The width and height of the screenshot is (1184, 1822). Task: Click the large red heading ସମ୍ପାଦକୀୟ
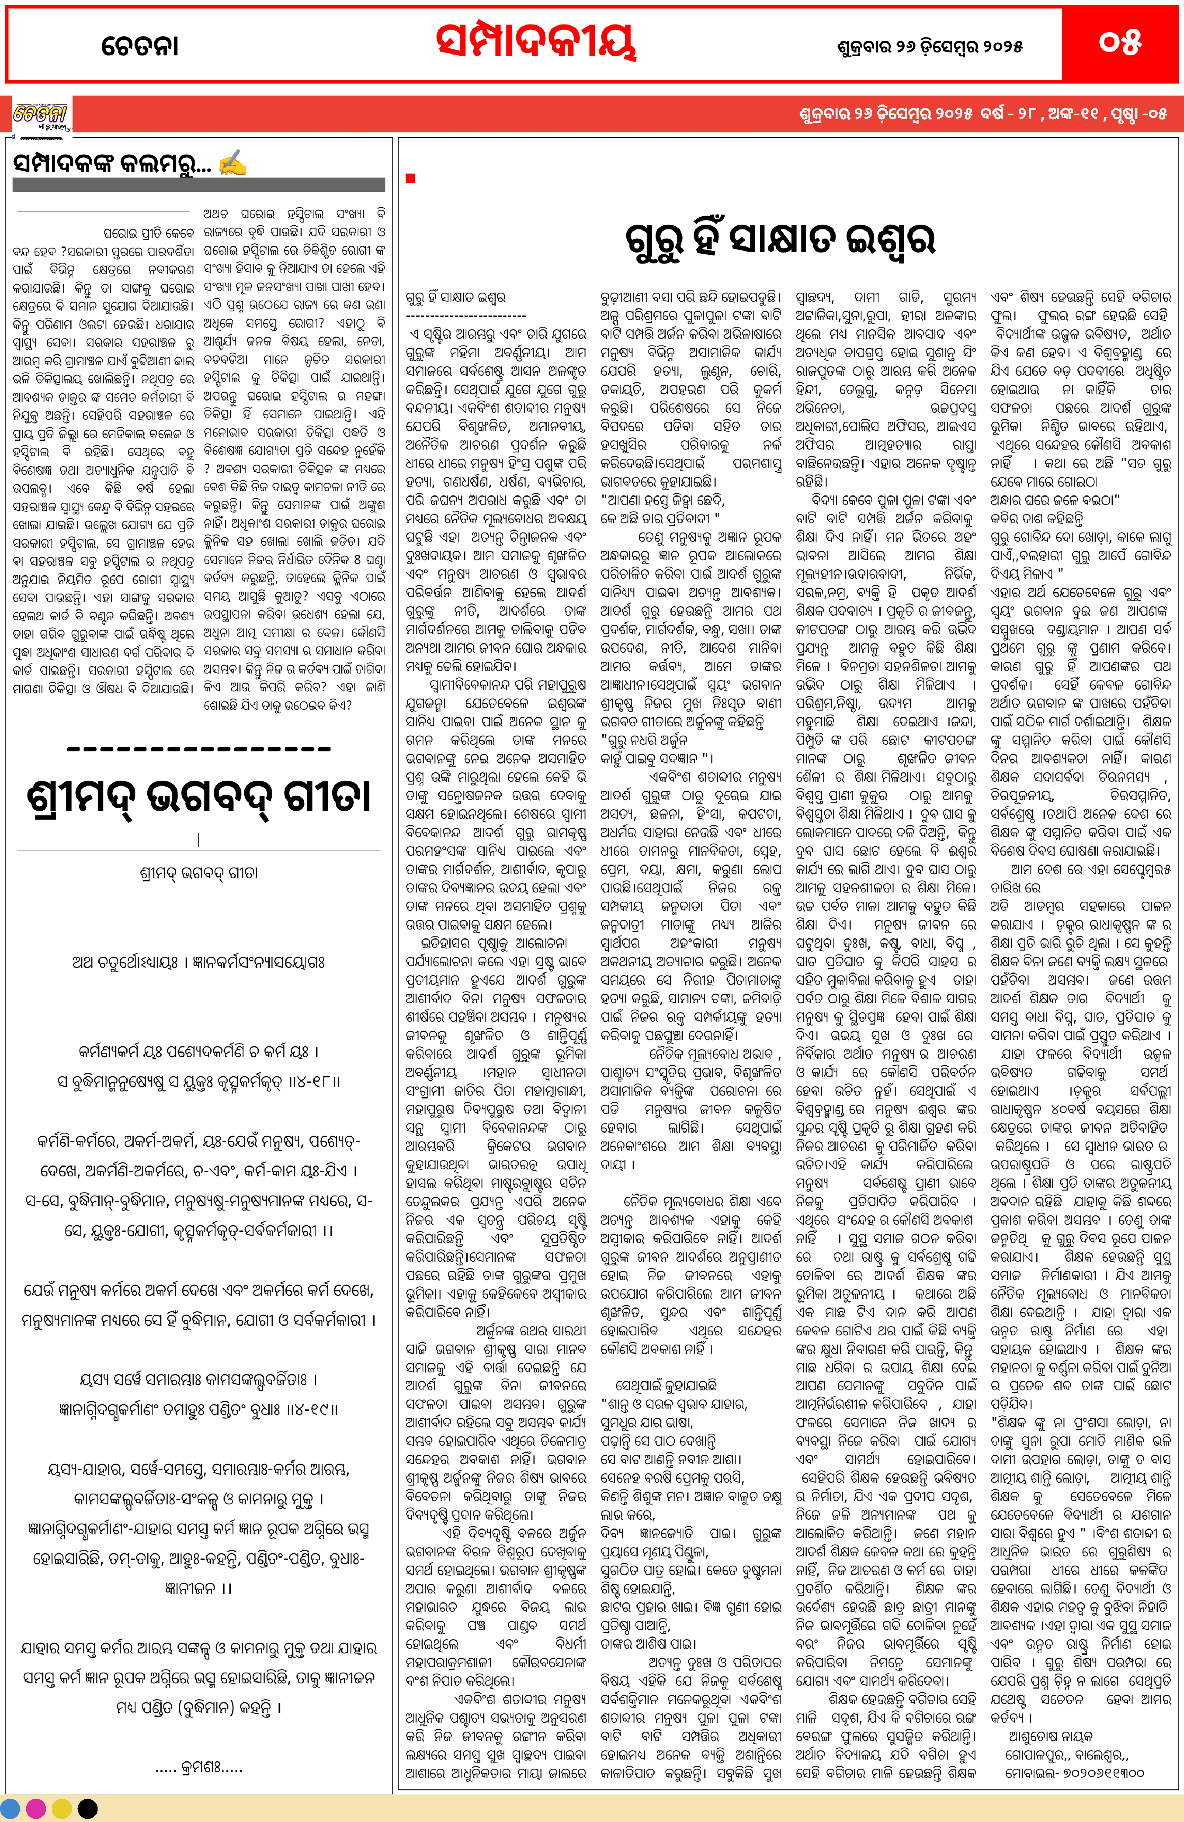tap(536, 42)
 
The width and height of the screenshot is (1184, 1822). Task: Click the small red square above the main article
tap(411, 178)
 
